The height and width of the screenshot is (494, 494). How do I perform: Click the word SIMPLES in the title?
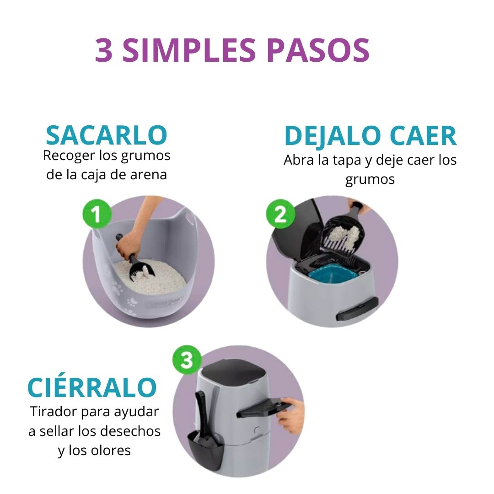[189, 50]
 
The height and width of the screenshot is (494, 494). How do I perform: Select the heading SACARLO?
[107, 135]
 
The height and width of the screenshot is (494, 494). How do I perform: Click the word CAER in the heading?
[423, 135]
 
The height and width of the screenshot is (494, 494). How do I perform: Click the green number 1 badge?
[97, 214]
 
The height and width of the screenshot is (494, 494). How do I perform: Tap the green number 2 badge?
[280, 214]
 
